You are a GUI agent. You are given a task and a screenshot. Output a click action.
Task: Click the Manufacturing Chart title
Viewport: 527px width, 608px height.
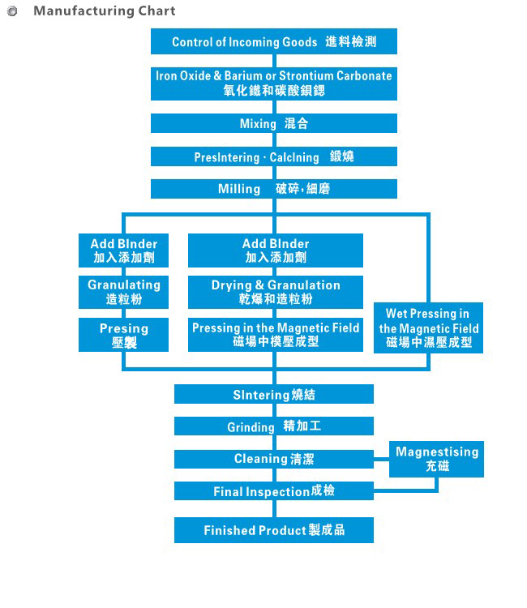(104, 11)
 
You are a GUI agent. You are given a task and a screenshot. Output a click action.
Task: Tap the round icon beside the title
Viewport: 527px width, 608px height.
(12, 12)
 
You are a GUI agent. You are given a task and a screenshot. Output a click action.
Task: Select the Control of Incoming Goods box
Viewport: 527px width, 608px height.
(274, 42)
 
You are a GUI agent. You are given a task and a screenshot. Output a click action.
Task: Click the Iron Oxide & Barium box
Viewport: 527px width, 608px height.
(274, 83)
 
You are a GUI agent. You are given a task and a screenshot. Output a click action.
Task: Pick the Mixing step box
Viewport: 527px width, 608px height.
(274, 124)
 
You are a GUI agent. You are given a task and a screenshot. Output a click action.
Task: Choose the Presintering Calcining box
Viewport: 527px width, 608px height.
(274, 156)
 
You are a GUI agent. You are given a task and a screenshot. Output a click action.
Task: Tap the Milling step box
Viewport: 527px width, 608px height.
(274, 189)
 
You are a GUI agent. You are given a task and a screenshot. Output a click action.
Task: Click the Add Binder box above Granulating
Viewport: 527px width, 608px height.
(124, 250)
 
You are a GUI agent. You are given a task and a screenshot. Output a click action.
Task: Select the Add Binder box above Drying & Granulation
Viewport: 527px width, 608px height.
(276, 250)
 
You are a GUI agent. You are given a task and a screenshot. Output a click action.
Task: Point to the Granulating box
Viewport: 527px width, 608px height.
(124, 292)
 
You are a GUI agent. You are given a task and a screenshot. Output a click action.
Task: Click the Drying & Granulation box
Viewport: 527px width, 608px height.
(276, 292)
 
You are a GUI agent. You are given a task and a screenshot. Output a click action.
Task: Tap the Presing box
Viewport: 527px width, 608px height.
(124, 335)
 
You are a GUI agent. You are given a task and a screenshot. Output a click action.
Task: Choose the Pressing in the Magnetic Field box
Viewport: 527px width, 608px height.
(276, 335)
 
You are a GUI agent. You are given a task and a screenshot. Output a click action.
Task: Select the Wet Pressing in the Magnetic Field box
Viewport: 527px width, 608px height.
(429, 328)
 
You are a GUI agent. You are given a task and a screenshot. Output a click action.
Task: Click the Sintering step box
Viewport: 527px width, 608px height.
(274, 395)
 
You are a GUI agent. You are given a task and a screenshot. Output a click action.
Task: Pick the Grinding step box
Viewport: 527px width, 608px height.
(274, 426)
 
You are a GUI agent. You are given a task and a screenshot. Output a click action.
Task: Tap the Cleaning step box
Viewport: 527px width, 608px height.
(274, 459)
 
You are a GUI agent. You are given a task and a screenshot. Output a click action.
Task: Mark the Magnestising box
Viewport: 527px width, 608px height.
(437, 459)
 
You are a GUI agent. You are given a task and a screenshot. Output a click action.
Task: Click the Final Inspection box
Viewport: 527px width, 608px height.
(274, 491)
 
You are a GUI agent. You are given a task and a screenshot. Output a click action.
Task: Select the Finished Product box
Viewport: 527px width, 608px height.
(274, 530)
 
